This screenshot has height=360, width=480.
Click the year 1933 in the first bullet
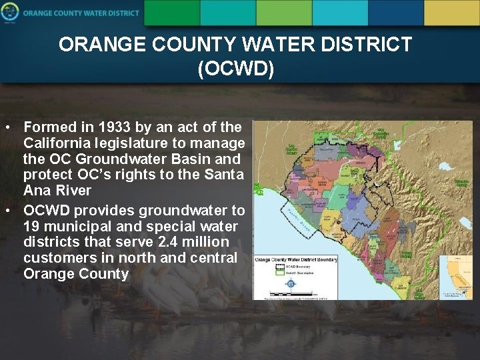click(113, 127)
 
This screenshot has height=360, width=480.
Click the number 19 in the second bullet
click(31, 226)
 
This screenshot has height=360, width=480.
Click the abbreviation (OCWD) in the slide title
click(235, 69)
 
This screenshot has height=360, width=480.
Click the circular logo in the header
click(9, 12)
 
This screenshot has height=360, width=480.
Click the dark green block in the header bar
click(171, 12)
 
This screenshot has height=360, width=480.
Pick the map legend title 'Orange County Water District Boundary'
click(297, 259)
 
